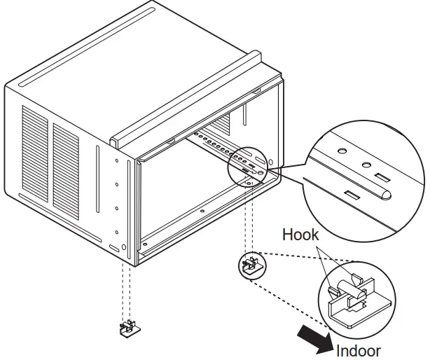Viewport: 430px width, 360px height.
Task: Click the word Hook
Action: point(300,235)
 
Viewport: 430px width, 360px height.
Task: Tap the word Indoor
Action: point(359,350)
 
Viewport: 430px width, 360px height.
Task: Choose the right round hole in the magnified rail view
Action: point(365,165)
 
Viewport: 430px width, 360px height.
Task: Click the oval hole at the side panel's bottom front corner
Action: point(114,248)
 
